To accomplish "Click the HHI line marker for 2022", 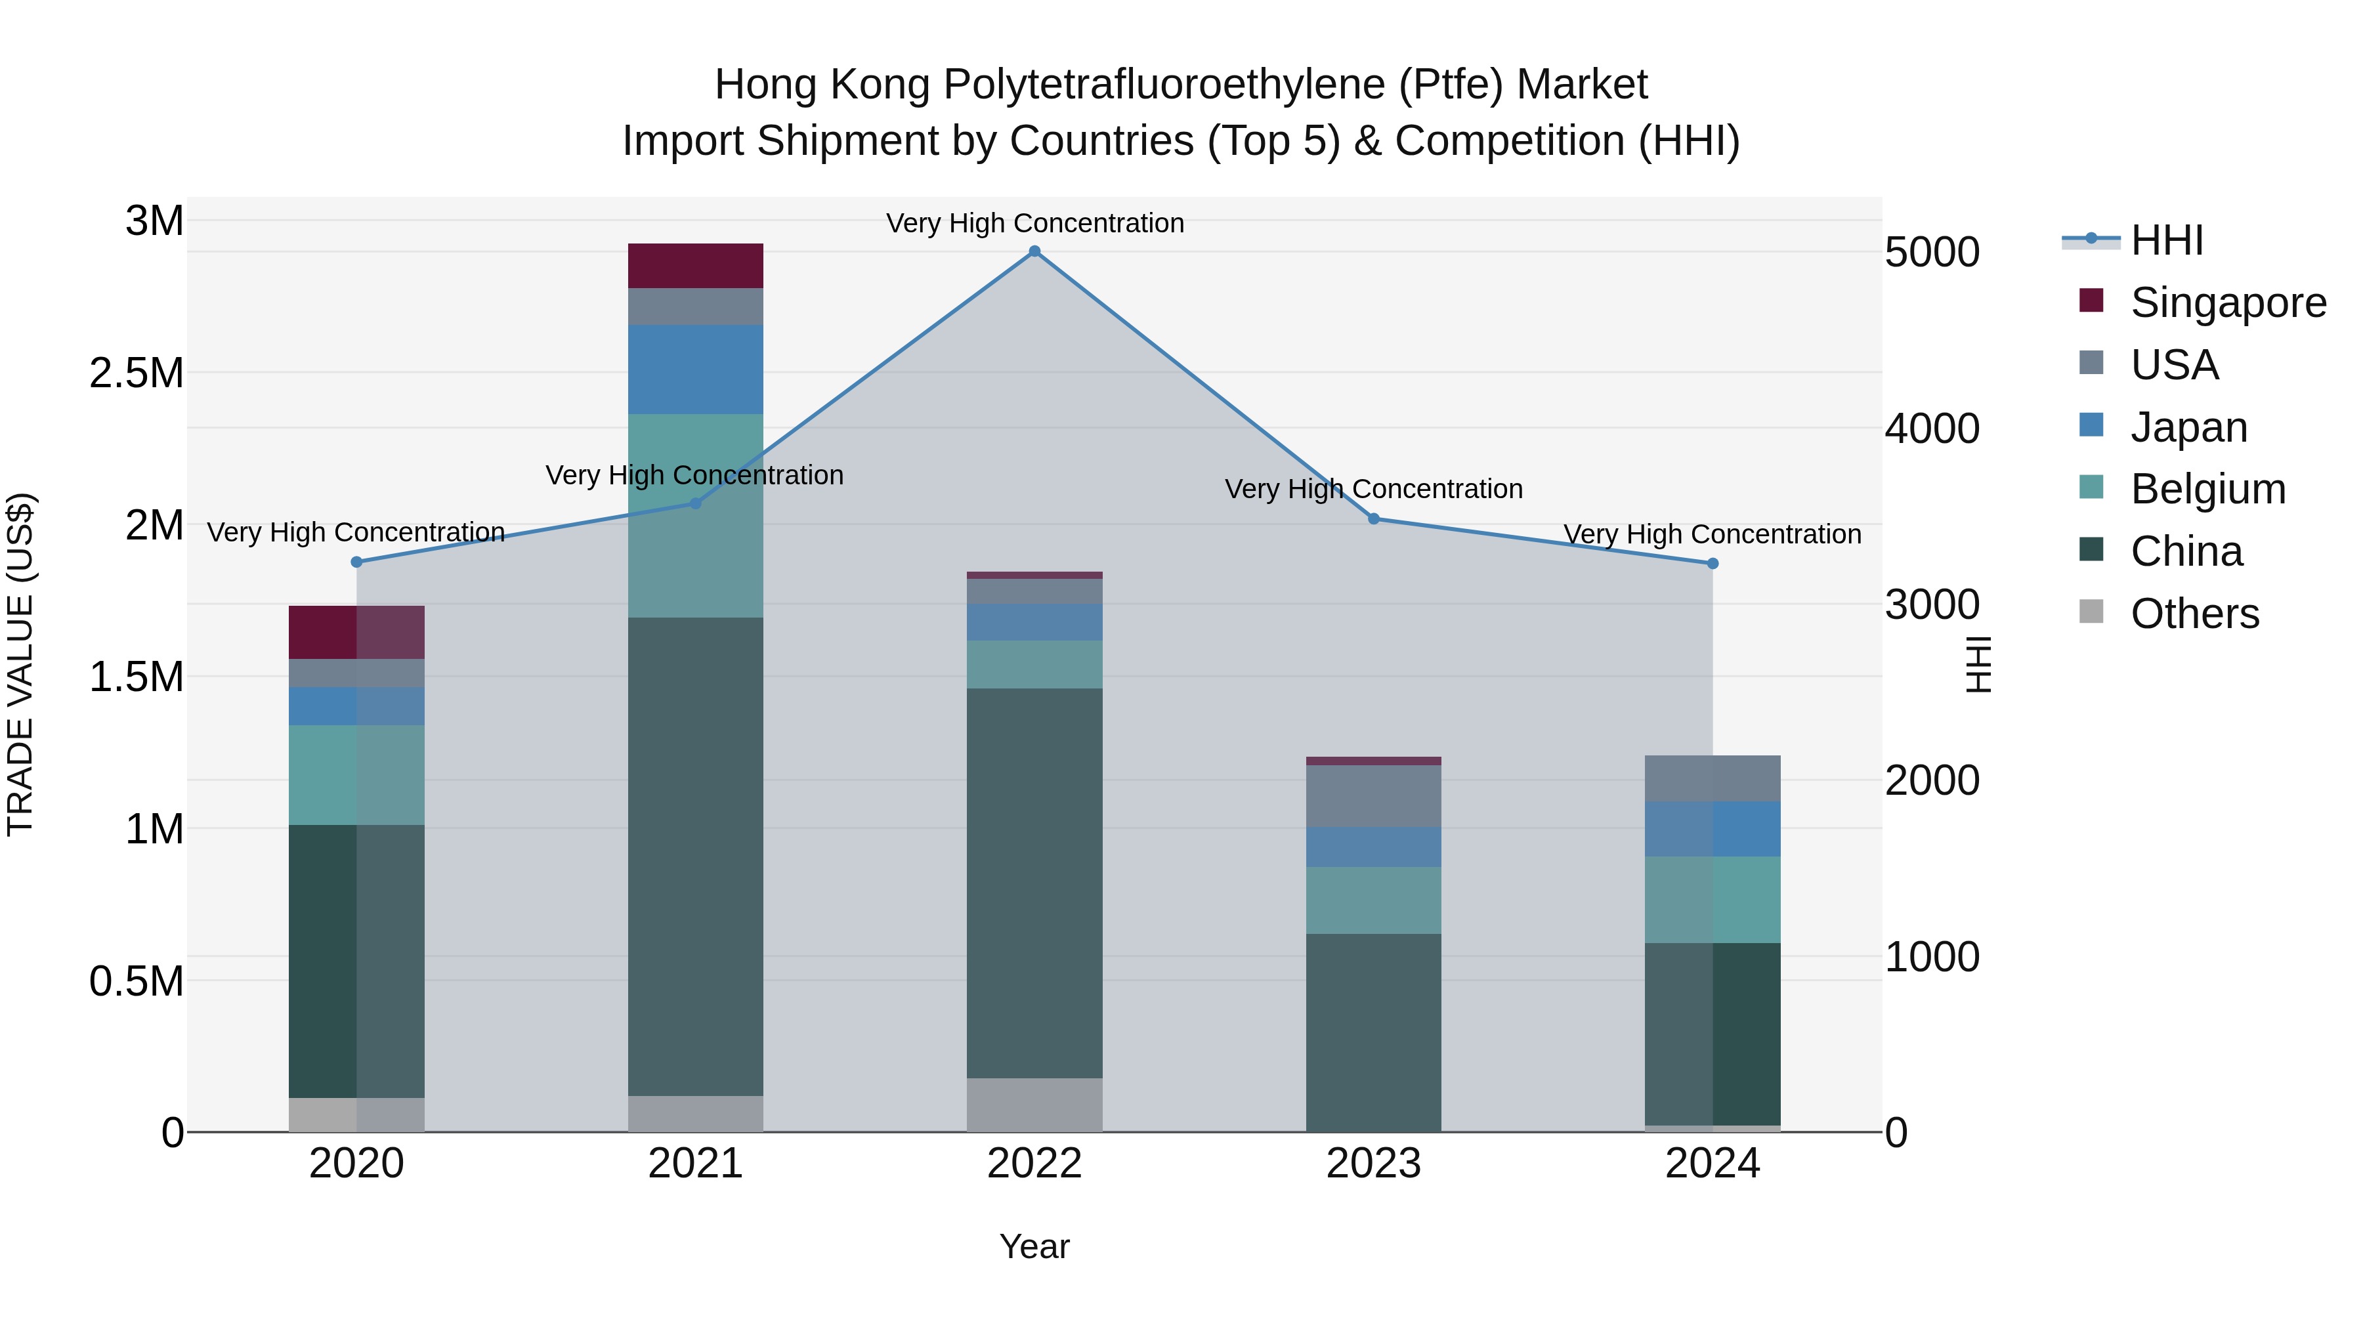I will pyautogui.click(x=1034, y=251).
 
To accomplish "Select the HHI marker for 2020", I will pyautogui.click(x=357, y=562).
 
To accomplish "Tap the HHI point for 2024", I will pyautogui.click(x=1713, y=564).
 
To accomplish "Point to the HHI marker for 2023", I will pyautogui.click(x=1374, y=519).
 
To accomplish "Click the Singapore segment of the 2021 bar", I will pyautogui.click(x=695, y=266).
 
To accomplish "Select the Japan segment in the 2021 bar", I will pyautogui.click(x=695, y=369).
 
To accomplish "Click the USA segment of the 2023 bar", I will pyautogui.click(x=1374, y=796).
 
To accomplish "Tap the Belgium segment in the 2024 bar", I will pyautogui.click(x=1713, y=900).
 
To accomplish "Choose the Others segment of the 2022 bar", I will pyautogui.click(x=1034, y=1105).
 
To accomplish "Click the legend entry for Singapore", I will pyautogui.click(x=2227, y=303).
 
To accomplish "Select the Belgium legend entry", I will pyautogui.click(x=2207, y=489).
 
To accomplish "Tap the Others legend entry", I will pyautogui.click(x=2194, y=614).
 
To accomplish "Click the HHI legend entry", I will pyautogui.click(x=2166, y=240).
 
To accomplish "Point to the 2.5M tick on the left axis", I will pyautogui.click(x=137, y=373).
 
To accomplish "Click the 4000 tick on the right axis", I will pyautogui.click(x=1932, y=429).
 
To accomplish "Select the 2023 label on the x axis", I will pyautogui.click(x=1374, y=1164).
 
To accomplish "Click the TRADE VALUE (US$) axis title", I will pyautogui.click(x=20, y=664).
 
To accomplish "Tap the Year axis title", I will pyautogui.click(x=1034, y=1246).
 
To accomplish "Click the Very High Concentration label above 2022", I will pyautogui.click(x=1034, y=223).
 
